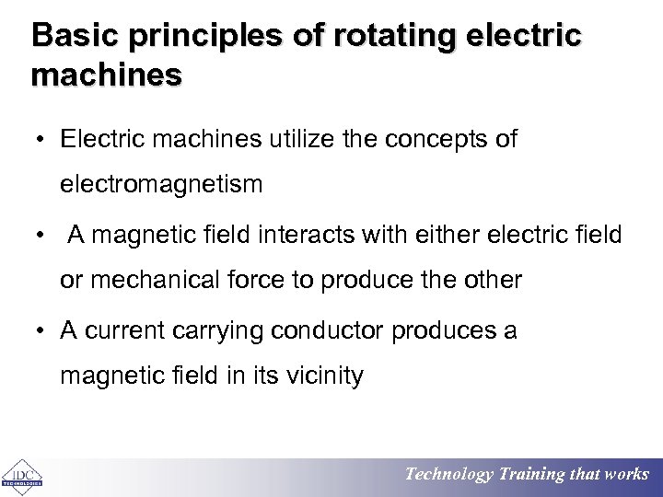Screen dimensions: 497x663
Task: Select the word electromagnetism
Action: pyautogui.click(x=161, y=185)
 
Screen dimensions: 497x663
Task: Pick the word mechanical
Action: pyautogui.click(x=147, y=281)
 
